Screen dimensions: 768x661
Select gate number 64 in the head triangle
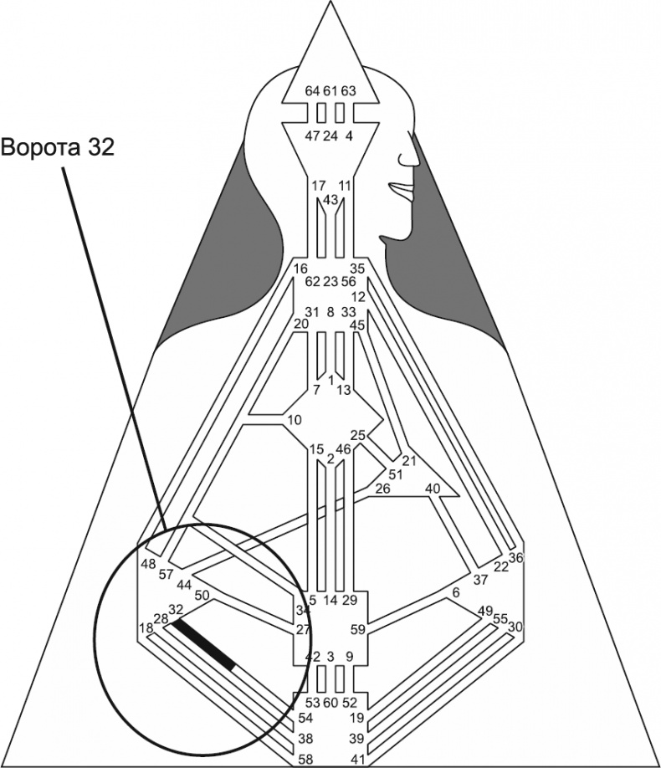(x=312, y=90)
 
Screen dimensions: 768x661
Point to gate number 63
(x=348, y=90)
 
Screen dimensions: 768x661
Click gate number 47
(x=311, y=136)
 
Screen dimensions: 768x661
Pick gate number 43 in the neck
(x=330, y=200)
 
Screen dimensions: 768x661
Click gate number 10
(x=294, y=419)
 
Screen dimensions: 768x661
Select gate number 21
(x=409, y=461)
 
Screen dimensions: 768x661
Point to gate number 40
(x=433, y=488)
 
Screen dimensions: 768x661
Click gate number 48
(x=148, y=563)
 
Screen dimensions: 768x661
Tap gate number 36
(x=515, y=557)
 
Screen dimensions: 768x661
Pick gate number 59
(x=358, y=630)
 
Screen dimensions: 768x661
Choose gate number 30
(x=515, y=627)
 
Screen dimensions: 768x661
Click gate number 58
(x=306, y=759)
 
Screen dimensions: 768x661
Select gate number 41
(x=357, y=759)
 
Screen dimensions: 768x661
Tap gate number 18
(x=146, y=627)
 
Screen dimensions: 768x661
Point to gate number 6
(x=456, y=592)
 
